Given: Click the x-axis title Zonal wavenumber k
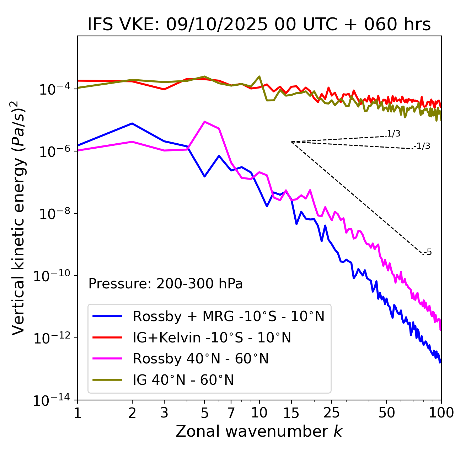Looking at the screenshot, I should click(259, 431).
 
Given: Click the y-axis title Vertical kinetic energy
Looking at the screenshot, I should click(19, 218).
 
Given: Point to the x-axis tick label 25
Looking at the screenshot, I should click(331, 413).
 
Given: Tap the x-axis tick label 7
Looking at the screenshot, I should click(231, 413).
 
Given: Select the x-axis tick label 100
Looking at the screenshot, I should click(441, 413).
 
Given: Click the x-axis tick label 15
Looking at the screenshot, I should click(291, 413).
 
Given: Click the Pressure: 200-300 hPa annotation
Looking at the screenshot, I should click(165, 284).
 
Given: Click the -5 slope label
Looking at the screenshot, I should click(428, 252).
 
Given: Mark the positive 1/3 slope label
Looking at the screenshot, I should click(394, 134).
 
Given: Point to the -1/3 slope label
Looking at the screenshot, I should click(422, 146).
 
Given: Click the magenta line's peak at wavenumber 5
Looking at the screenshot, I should click(204, 122).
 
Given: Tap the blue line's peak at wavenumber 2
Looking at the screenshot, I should click(132, 123).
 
